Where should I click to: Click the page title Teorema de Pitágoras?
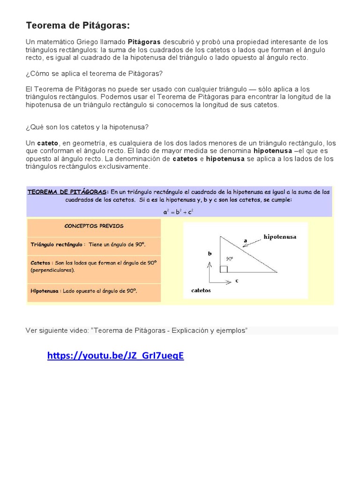[77, 25]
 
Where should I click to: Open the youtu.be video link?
[115, 356]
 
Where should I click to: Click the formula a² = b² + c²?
[179, 212]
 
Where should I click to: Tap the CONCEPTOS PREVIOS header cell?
[94, 226]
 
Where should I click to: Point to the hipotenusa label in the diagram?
[280, 237]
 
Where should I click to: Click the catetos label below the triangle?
[201, 290]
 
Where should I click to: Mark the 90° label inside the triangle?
[230, 258]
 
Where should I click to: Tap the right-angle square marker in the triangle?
[224, 269]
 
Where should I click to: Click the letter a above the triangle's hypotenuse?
[245, 241]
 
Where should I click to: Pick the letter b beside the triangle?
[210, 254]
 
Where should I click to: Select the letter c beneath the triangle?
[237, 281]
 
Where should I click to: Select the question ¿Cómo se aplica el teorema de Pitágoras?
[94, 74]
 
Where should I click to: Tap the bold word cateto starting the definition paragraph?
[47, 143]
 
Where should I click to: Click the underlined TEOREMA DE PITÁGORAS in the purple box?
[68, 192]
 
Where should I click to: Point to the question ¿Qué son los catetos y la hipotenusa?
[87, 127]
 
